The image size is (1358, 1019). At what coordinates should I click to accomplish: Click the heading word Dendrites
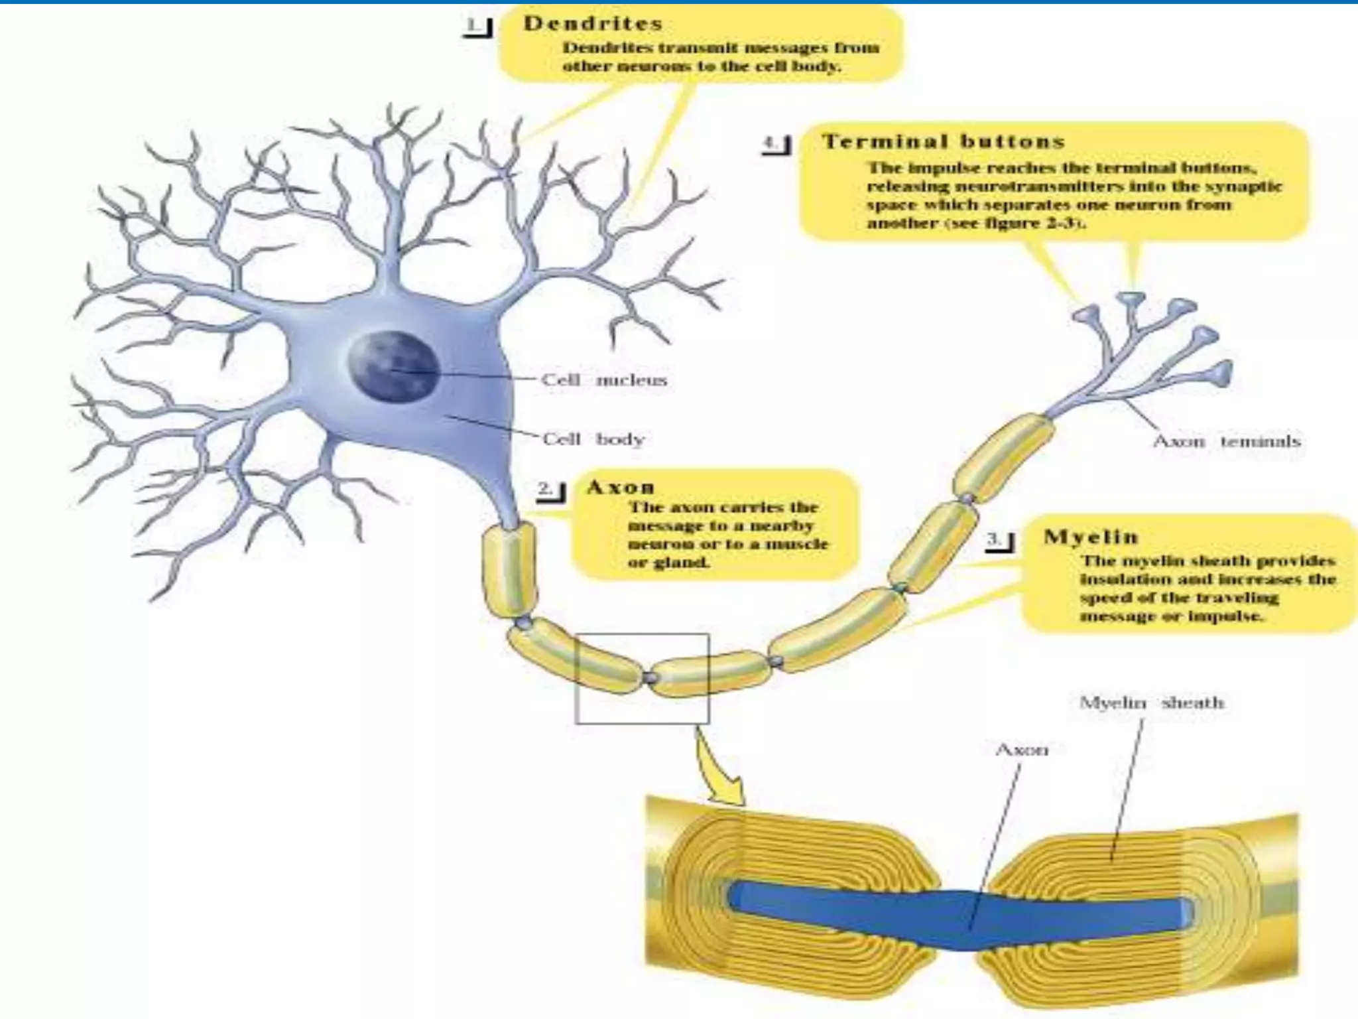coord(593,24)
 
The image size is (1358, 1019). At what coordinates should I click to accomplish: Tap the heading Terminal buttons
coord(943,142)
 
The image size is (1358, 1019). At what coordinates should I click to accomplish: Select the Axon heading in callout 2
coord(621,488)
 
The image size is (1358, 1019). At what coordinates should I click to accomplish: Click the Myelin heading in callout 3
coord(1090,537)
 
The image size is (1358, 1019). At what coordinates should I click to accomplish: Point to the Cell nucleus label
coord(603,380)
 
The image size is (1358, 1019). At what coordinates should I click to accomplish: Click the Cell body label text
coord(593,439)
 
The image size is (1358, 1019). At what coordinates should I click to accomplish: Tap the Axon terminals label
coord(1226,441)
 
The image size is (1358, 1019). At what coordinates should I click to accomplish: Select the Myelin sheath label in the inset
coord(1151,703)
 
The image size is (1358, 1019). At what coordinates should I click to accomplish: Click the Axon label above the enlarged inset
coord(1022,750)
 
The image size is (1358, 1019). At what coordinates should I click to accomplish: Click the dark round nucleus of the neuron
coord(394,366)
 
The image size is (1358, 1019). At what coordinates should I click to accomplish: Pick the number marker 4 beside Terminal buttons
coord(776,145)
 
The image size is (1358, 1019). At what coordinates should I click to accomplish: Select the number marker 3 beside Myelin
coord(999,541)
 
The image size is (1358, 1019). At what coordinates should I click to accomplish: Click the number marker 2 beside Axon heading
coord(550,491)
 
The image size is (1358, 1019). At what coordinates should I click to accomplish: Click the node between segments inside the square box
coord(651,677)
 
